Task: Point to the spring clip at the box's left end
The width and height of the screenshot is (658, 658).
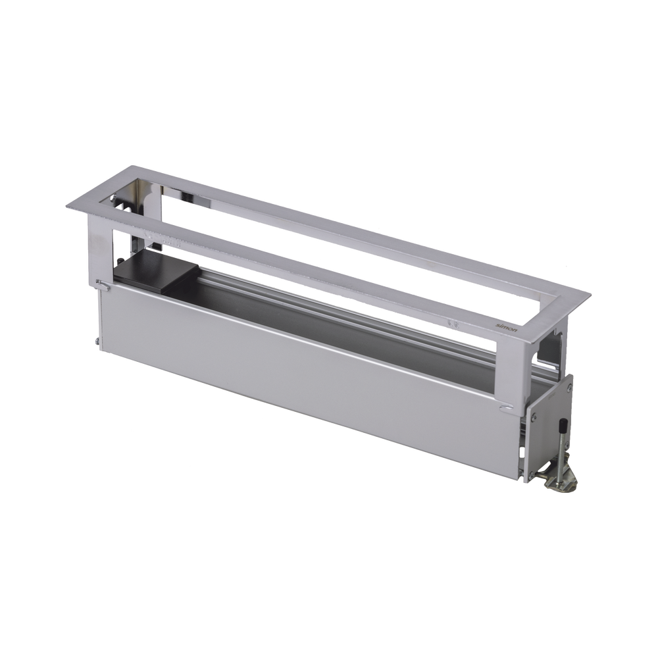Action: (103, 285)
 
